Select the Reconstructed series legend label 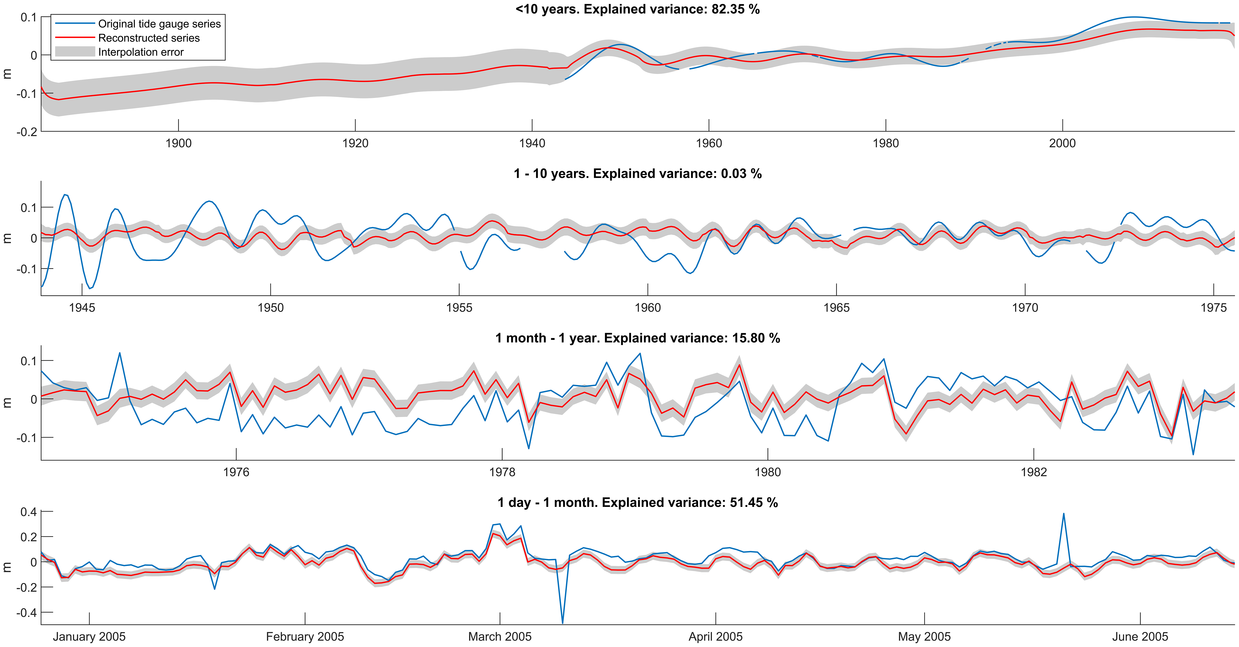pyautogui.click(x=149, y=38)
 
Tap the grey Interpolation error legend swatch pyautogui.click(x=75, y=52)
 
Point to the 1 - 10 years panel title pyautogui.click(x=637, y=174)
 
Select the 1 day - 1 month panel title pyautogui.click(x=637, y=503)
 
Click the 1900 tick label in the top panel pyautogui.click(x=179, y=143)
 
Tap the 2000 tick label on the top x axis pyautogui.click(x=1062, y=143)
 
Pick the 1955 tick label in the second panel pyautogui.click(x=459, y=308)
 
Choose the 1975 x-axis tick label pyautogui.click(x=1214, y=308)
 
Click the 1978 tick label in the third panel pyautogui.click(x=502, y=472)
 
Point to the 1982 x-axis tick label pyautogui.click(x=1034, y=472)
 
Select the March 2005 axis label pyautogui.click(x=500, y=637)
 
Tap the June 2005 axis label pyautogui.click(x=1140, y=637)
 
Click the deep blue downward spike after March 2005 pyautogui.click(x=563, y=622)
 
